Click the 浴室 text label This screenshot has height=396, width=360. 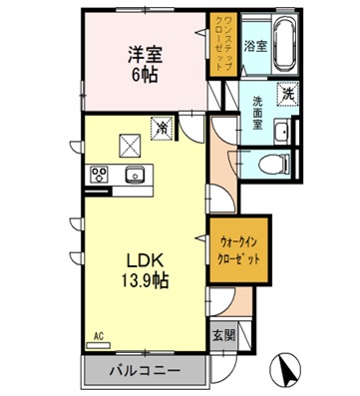coord(255,46)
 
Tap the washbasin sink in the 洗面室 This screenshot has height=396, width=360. coord(282,134)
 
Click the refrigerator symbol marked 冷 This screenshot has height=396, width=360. coord(159,128)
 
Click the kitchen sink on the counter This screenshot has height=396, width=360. coord(135,177)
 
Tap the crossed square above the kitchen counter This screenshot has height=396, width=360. coord(128,144)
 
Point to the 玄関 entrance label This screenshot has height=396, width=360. coord(223,336)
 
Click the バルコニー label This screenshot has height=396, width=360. coord(145,372)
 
